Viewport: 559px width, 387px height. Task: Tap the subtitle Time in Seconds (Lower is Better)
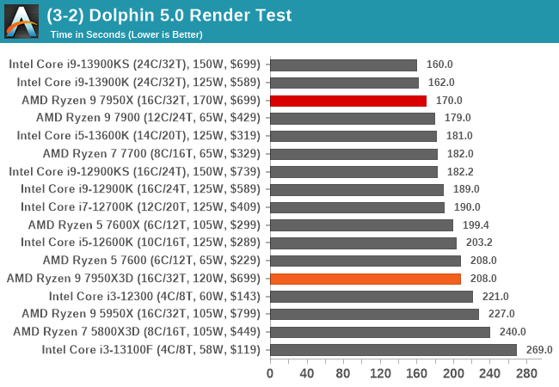click(x=126, y=34)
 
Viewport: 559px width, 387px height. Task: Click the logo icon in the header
click(x=21, y=21)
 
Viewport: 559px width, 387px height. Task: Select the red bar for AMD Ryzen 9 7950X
click(x=348, y=101)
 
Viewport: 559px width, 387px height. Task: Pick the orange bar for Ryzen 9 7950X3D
click(x=365, y=279)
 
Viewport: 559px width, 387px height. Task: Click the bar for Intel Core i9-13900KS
click(x=343, y=64)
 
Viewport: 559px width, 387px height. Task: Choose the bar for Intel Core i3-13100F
click(x=393, y=350)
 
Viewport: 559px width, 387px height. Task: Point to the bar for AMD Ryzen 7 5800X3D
click(x=380, y=332)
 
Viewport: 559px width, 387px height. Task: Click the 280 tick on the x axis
click(x=526, y=373)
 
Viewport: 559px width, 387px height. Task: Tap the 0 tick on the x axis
click(x=270, y=373)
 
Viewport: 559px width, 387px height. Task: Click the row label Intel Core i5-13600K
click(x=134, y=136)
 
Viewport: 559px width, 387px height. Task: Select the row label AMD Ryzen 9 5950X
click(x=141, y=314)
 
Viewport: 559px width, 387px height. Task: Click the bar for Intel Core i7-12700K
click(x=357, y=207)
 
